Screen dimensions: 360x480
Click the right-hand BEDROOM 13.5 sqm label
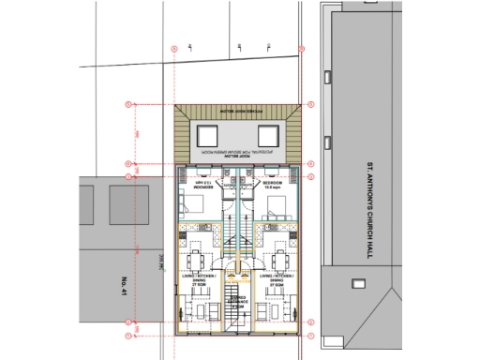click(274, 186)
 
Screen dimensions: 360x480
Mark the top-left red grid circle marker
click(174, 48)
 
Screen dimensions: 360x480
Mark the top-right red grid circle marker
click(301, 48)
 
